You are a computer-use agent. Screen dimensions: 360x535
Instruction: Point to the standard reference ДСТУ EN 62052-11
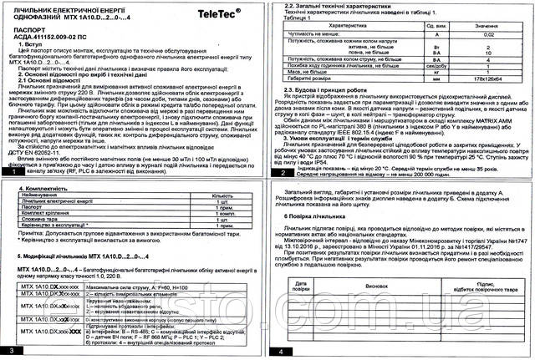point(35,155)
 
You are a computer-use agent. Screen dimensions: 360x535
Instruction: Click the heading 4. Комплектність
point(34,190)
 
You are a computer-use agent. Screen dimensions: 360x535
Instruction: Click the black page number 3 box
point(9,352)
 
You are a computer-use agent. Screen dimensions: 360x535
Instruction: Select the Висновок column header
point(384,285)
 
